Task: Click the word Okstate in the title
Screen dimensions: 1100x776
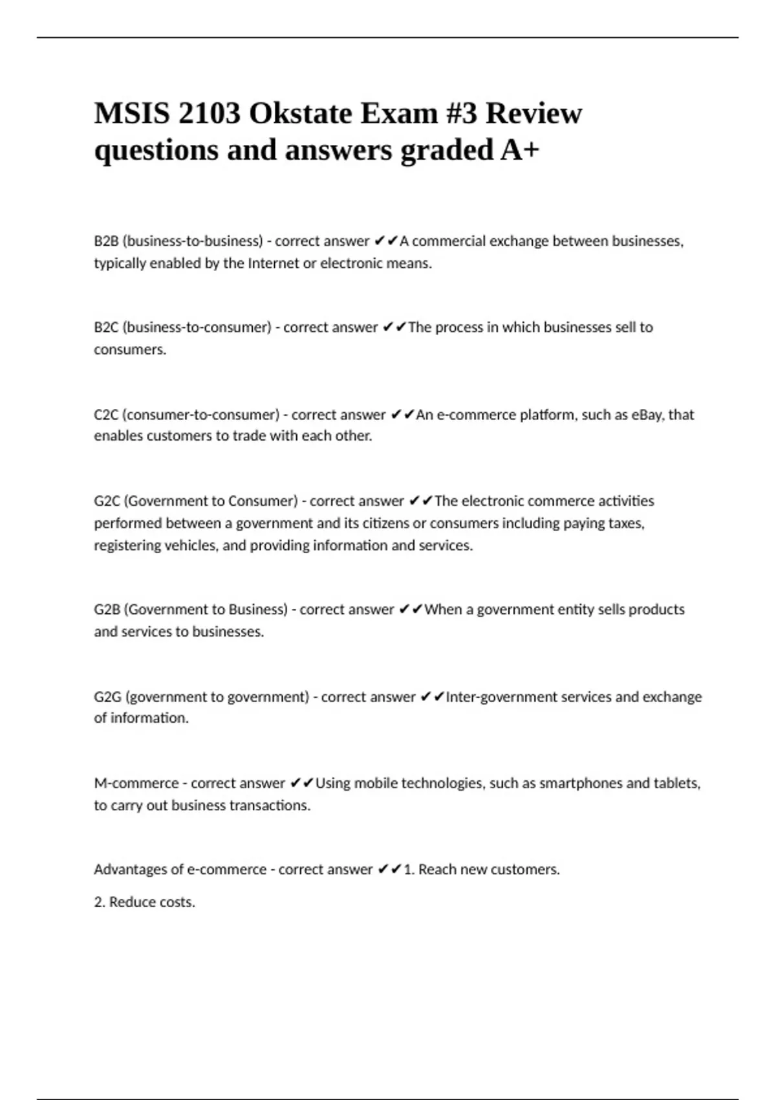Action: tap(299, 114)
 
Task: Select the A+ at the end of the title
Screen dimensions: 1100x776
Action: tap(519, 150)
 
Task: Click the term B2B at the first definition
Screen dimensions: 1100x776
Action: tap(106, 241)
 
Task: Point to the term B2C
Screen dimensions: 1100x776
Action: tap(106, 327)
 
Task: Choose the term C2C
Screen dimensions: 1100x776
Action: tap(106, 414)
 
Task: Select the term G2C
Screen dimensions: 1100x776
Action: tap(107, 501)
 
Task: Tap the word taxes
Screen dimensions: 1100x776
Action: tap(626, 523)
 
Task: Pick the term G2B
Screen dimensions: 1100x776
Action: tap(107, 610)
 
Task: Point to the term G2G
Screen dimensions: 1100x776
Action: tap(107, 697)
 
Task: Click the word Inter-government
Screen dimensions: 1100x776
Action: tap(496, 697)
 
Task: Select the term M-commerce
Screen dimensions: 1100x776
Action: tap(136, 783)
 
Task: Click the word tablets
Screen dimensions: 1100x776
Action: tap(676, 783)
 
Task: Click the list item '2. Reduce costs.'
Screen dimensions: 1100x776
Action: tap(144, 902)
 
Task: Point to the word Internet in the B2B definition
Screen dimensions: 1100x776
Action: tap(274, 263)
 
